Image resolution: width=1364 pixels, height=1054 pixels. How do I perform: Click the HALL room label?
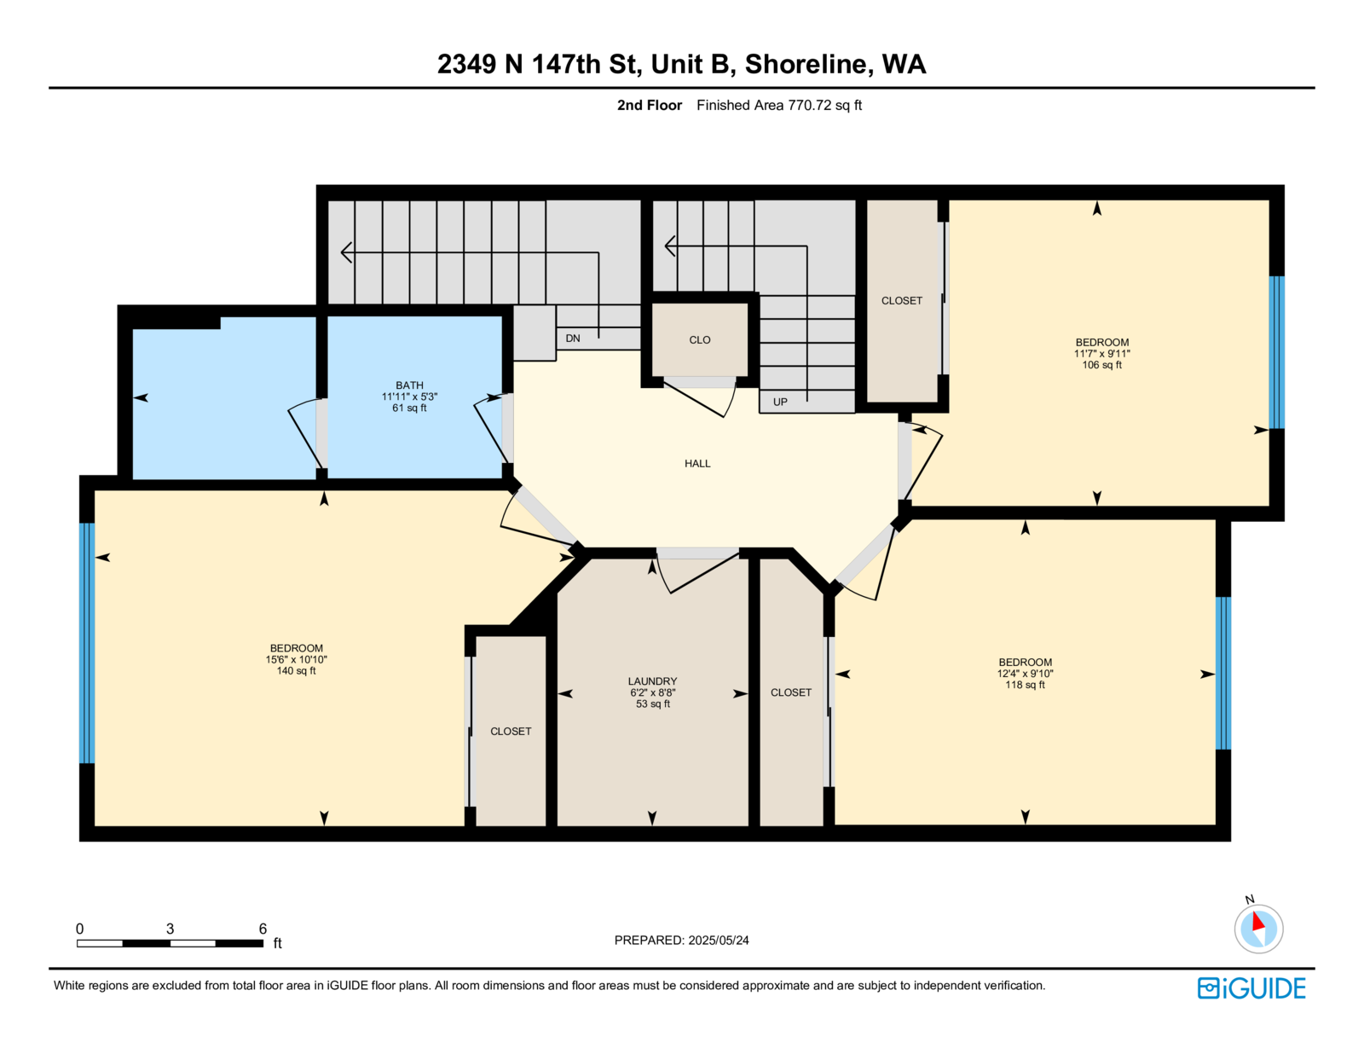point(697,464)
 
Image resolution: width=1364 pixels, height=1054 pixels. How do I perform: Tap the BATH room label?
point(409,385)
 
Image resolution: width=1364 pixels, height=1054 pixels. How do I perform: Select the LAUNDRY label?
point(652,681)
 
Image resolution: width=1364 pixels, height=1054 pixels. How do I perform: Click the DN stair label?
point(573,339)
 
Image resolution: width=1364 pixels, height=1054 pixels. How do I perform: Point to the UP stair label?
point(779,402)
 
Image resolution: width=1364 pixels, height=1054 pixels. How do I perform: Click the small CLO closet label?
point(700,340)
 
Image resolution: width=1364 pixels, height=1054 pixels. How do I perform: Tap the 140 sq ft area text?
point(297,671)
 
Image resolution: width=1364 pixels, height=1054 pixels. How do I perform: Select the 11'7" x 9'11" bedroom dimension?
point(1101,354)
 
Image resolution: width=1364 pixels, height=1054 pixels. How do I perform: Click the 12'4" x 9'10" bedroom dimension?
point(1025,674)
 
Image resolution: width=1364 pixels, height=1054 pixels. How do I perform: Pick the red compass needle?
point(1257,922)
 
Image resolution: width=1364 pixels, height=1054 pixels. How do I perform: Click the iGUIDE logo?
point(1251,988)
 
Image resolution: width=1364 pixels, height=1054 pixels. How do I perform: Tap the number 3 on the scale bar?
point(170,929)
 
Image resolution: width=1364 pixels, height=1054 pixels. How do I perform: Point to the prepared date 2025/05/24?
point(718,941)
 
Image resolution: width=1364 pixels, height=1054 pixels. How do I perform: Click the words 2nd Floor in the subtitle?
point(649,106)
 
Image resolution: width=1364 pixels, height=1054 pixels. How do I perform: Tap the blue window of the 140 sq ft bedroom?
point(87,643)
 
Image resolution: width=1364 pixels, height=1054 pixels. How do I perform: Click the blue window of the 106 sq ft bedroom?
point(1277,353)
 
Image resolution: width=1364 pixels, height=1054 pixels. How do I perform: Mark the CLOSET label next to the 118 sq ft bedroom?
point(791,692)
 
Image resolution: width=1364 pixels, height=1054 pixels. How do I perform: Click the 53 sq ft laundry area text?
point(653,704)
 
